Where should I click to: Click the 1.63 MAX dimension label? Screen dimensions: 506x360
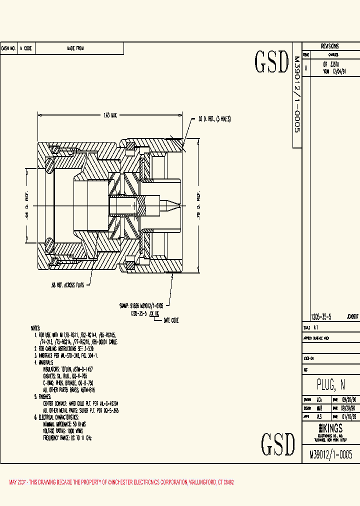110,115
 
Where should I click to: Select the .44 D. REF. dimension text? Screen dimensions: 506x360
28,204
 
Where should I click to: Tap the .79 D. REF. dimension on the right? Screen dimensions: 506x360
198,204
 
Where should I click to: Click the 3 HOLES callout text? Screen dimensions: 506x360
223,119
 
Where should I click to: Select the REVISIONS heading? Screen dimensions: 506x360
330,45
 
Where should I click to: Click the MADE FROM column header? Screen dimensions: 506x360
75,48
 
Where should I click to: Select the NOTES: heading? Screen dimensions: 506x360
35,328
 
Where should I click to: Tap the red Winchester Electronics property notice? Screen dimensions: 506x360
121,482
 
